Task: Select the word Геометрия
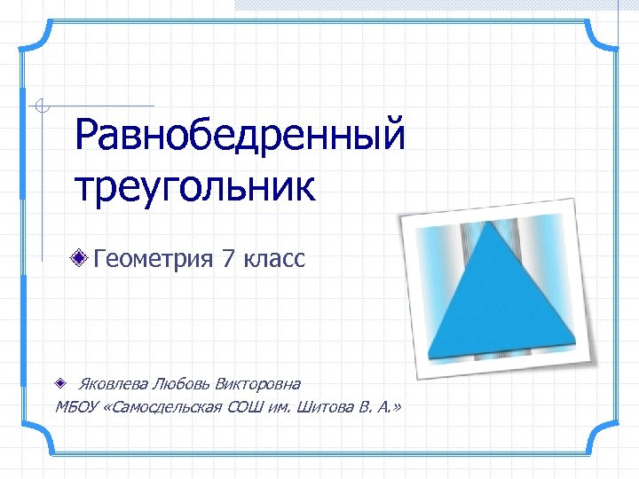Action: [x=153, y=259]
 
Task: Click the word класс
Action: [x=274, y=259]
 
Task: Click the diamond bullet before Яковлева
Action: [x=59, y=384]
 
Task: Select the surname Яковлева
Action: [x=113, y=384]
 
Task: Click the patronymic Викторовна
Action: [x=256, y=384]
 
